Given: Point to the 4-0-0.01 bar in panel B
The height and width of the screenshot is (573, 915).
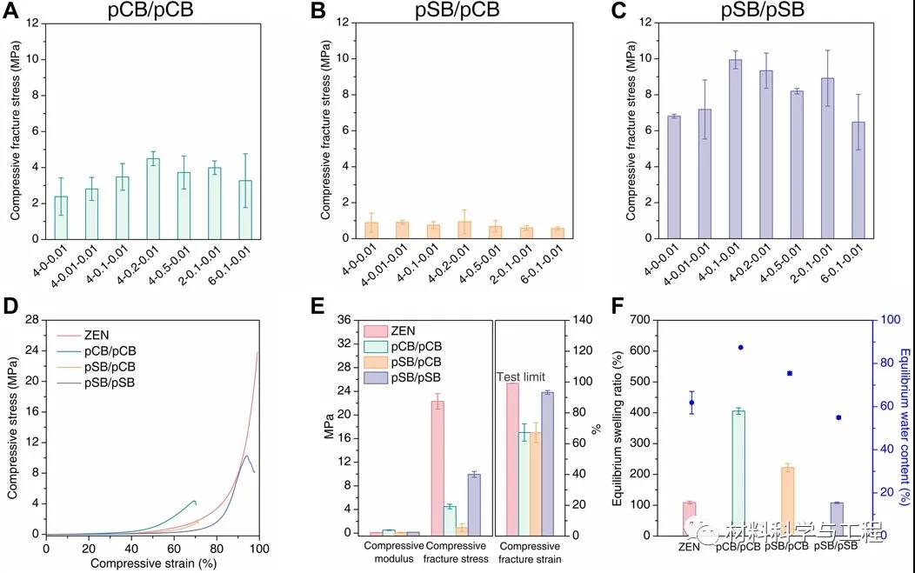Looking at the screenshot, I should pyautogui.click(x=371, y=230).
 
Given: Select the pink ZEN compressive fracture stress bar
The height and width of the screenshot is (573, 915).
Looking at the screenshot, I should pyautogui.click(x=437, y=467).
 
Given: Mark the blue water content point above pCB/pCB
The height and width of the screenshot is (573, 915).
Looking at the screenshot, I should pyautogui.click(x=741, y=347).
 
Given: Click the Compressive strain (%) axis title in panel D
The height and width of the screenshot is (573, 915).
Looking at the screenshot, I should pyautogui.click(x=152, y=564).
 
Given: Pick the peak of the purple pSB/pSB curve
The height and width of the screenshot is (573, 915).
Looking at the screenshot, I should pyautogui.click(x=246, y=456).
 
